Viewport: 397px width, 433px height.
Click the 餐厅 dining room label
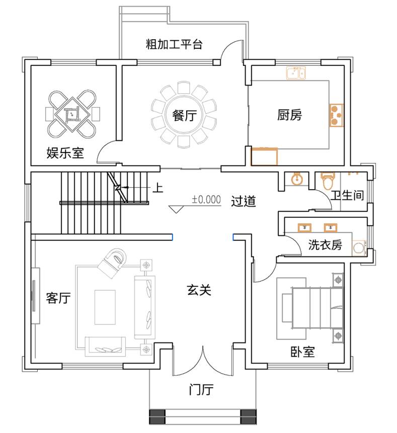tap(184, 115)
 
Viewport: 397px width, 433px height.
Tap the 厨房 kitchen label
tap(289, 115)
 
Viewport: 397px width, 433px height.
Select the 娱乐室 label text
tap(65, 153)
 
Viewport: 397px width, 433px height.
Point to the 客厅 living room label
tap(58, 298)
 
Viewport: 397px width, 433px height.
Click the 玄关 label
tap(199, 290)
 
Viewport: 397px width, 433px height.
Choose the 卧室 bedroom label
tap(302, 352)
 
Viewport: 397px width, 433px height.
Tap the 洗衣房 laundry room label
tap(325, 244)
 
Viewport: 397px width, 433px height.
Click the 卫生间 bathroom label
tap(347, 195)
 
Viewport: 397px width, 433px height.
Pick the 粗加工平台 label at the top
tap(174, 44)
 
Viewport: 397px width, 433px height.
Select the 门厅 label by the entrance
tap(201, 389)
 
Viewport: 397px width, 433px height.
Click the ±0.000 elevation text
tap(207, 199)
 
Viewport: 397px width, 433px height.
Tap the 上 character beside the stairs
tap(158, 188)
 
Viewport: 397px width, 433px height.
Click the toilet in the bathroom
tap(328, 181)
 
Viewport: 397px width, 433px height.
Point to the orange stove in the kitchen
tap(336, 115)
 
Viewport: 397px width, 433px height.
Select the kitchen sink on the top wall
tap(295, 73)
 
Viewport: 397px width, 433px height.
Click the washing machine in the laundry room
tap(359, 247)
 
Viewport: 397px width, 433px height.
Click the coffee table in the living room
tap(105, 307)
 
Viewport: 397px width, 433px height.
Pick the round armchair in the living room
tap(113, 263)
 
